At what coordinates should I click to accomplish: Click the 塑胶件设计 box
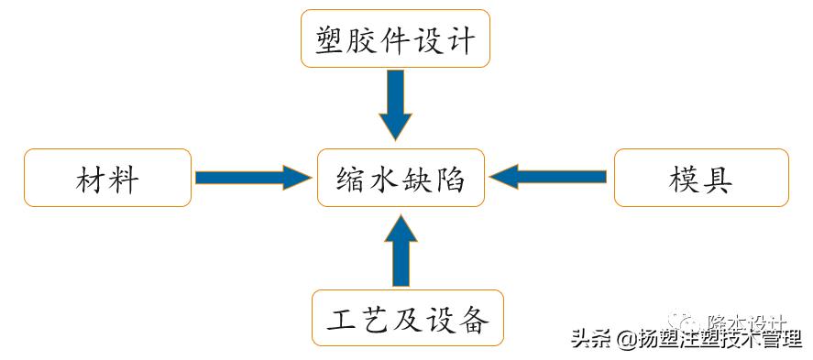pos(395,38)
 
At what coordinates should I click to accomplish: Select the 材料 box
pos(107,178)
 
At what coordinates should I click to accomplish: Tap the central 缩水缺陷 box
pos(401,178)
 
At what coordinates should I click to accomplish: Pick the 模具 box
pos(700,178)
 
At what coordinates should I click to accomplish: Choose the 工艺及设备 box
pos(407,318)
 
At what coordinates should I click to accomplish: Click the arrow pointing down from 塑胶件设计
pos(395,103)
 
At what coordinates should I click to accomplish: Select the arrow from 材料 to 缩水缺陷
pos(253,177)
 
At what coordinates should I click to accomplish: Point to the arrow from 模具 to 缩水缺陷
pos(550,177)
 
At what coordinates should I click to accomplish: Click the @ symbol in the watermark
pos(625,340)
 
